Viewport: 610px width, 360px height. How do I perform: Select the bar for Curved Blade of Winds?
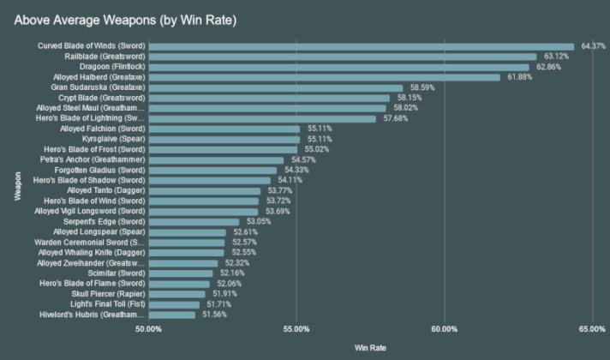click(361, 46)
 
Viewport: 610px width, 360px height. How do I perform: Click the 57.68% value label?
click(396, 118)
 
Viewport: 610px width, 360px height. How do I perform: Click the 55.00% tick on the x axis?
click(296, 329)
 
